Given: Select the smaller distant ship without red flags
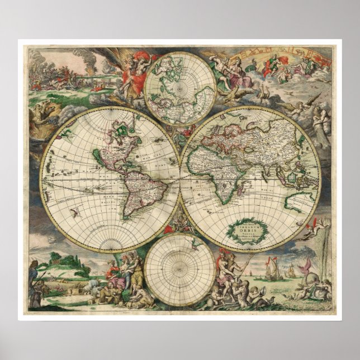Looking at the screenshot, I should (x=291, y=274).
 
